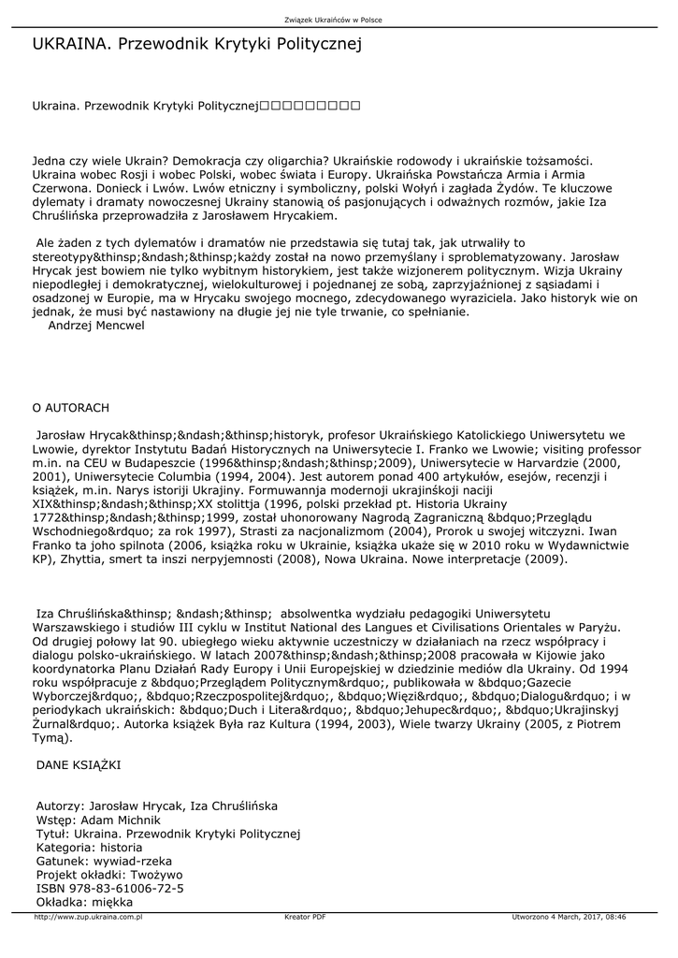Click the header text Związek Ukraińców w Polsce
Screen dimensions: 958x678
pos(339,21)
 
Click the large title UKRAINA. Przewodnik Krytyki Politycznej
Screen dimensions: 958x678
pos(196,44)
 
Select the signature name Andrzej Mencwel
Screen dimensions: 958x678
pos(96,326)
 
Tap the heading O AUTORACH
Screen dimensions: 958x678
pos(71,408)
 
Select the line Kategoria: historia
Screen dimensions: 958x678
pos(89,847)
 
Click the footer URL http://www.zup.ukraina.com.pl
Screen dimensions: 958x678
pos(88,917)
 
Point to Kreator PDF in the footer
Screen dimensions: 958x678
pos(305,917)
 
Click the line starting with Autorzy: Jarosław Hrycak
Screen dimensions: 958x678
pos(156,806)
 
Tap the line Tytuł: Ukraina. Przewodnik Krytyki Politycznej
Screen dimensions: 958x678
pos(166,833)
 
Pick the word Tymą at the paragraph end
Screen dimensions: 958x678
pos(49,737)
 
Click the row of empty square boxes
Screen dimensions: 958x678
pos(310,108)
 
